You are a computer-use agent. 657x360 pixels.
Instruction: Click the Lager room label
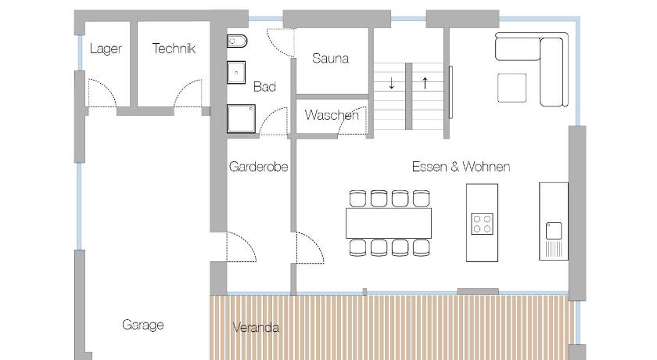106,49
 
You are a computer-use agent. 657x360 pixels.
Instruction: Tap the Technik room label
174,49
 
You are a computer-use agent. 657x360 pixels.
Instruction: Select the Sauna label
330,58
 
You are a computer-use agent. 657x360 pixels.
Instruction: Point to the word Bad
264,87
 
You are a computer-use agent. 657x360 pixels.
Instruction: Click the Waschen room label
332,115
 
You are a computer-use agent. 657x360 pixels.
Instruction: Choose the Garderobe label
259,167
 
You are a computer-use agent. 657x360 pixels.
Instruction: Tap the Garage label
143,325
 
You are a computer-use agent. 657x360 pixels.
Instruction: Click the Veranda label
256,327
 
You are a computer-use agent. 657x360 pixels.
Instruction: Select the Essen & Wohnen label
461,167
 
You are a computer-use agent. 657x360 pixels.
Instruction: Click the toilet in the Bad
237,41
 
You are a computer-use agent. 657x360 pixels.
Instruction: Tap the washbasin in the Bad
236,73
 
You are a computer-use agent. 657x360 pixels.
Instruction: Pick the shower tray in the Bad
242,119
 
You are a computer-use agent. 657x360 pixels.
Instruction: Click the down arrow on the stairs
391,83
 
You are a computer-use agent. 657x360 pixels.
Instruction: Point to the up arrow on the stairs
425,83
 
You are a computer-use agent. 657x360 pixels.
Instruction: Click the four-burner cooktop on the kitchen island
482,224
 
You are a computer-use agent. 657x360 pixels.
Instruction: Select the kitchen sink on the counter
554,231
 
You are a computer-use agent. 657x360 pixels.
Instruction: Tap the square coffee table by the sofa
512,88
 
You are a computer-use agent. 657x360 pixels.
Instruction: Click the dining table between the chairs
389,223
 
